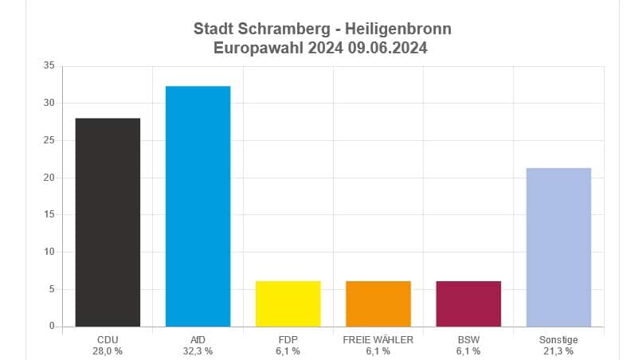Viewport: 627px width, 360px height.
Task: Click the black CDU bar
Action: [x=108, y=222]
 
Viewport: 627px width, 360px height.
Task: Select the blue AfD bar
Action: [x=198, y=206]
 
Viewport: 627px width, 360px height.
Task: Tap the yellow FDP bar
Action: [x=288, y=303]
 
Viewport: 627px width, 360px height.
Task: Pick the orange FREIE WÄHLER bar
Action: [x=378, y=303]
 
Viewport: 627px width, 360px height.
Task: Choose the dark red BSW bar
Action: [x=468, y=303]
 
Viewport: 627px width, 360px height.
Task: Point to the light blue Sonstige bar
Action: [x=558, y=247]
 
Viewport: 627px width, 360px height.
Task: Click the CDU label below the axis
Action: [x=108, y=340]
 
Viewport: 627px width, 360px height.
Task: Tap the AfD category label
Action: [x=198, y=340]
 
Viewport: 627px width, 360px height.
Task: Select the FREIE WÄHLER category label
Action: [x=378, y=340]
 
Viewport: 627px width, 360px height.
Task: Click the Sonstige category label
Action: [x=558, y=340]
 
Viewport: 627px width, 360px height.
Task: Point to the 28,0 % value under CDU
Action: [x=108, y=351]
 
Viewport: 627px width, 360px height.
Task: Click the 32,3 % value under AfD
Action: [x=198, y=351]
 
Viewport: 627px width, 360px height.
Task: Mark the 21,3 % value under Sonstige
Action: [x=558, y=351]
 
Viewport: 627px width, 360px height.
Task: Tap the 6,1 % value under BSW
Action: [x=468, y=351]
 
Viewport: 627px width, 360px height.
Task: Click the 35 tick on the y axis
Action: [x=49, y=66]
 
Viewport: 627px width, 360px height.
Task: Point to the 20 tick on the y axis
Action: [x=49, y=178]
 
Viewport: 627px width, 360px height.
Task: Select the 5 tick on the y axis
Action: [x=51, y=289]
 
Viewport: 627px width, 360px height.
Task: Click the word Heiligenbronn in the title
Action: [x=399, y=29]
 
